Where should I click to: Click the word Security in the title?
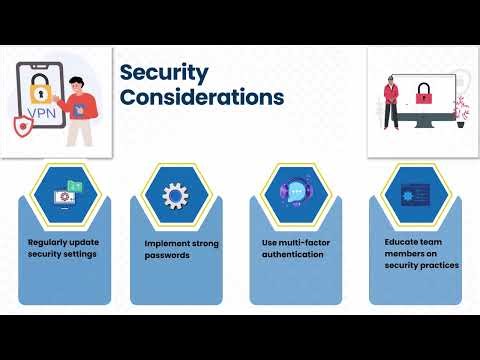(x=164, y=72)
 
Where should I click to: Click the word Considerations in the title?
(x=201, y=97)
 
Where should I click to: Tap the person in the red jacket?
(x=390, y=100)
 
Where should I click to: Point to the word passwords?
(x=167, y=255)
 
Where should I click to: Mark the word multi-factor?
(x=303, y=243)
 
